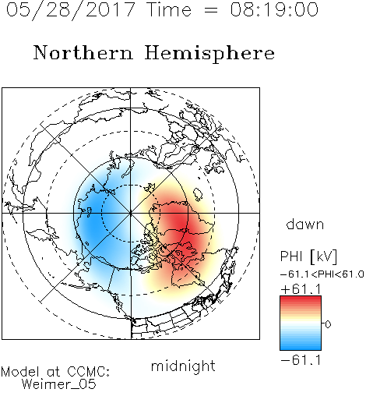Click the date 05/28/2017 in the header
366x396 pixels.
[x=70, y=10]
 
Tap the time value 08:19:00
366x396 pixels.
[x=274, y=9]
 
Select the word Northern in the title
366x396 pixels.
[x=83, y=52]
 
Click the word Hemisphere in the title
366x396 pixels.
[x=209, y=54]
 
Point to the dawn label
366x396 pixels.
[x=305, y=224]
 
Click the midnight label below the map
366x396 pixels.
[x=183, y=366]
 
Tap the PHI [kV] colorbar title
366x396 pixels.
[x=308, y=256]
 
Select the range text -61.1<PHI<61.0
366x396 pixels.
[x=322, y=274]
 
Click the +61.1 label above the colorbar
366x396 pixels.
[x=301, y=289]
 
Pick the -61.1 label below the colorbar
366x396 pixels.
[x=301, y=360]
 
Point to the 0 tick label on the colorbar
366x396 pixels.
[x=328, y=324]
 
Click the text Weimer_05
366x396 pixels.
[x=58, y=384]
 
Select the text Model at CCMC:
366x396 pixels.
[x=55, y=372]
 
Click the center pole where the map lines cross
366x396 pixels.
[x=131, y=213]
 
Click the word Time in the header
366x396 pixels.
[x=169, y=9]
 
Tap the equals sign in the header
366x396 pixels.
[x=210, y=10]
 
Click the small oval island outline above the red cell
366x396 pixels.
[x=198, y=194]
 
